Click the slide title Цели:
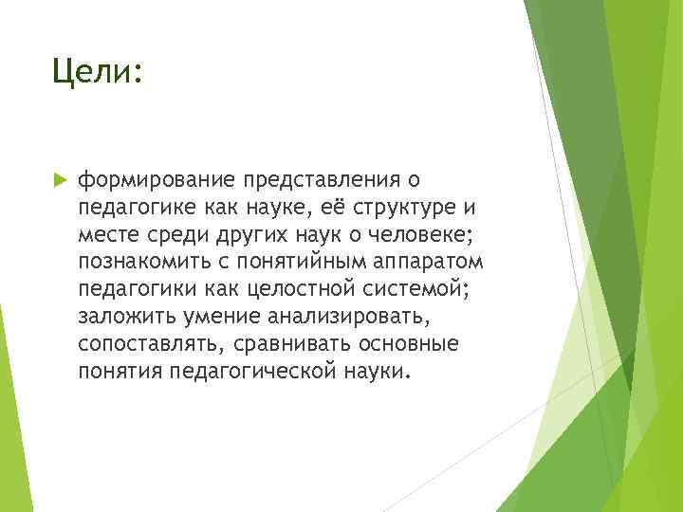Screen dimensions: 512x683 click(98, 71)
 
